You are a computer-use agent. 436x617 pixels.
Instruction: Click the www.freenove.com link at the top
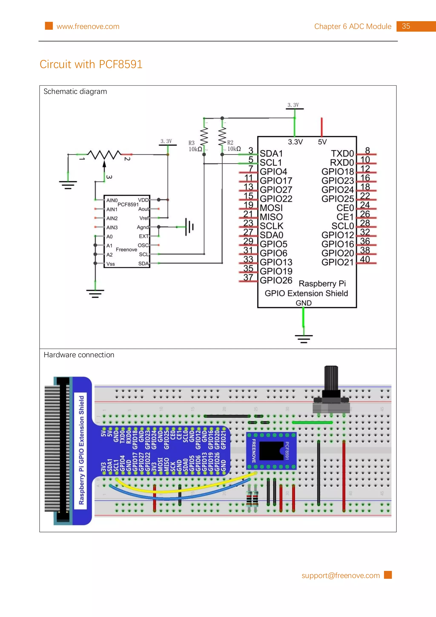point(88,27)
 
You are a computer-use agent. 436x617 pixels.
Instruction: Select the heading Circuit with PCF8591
point(91,64)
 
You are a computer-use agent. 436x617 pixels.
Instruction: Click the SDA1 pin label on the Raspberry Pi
point(271,154)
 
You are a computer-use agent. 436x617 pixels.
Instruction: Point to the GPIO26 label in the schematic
point(276,280)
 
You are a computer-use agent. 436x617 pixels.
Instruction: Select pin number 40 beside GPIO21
point(365,259)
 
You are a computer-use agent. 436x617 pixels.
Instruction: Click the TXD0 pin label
point(342,154)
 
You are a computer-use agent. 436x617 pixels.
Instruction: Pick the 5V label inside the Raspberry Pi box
point(322,142)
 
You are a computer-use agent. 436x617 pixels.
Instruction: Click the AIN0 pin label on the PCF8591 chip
point(112,200)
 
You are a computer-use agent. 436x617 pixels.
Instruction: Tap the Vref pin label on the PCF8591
point(144,218)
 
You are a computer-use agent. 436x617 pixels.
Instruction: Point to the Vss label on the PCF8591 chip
point(110,264)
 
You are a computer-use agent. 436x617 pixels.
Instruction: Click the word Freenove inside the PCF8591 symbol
point(126,250)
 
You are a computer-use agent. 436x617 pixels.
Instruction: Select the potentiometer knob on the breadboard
point(331,379)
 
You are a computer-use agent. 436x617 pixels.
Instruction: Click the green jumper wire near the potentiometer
point(312,422)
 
